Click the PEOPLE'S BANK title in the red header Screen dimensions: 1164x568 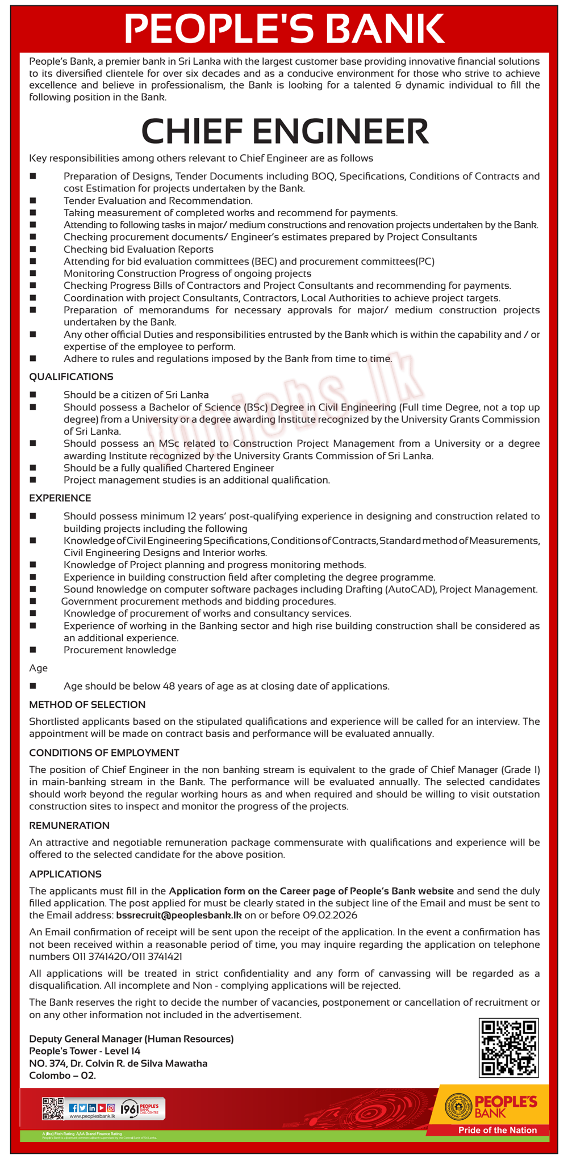(284, 28)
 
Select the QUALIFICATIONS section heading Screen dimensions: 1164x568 (71, 377)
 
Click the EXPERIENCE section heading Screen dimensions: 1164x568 (60, 498)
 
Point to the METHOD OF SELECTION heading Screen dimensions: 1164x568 (87, 704)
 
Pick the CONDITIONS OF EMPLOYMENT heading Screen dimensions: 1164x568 (104, 753)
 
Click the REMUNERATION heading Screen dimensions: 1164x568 (69, 826)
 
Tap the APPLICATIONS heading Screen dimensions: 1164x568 (65, 874)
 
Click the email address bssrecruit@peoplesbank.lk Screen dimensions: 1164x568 (179, 915)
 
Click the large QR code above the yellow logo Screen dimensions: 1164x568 (508, 1047)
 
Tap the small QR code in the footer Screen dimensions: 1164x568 (53, 1108)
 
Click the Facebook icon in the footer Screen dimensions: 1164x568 (73, 1108)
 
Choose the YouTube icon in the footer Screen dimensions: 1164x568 (101, 1108)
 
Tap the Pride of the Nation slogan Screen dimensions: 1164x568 (498, 1130)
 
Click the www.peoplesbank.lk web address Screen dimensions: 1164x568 (92, 1116)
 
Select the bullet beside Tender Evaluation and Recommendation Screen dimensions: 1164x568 (33, 200)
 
